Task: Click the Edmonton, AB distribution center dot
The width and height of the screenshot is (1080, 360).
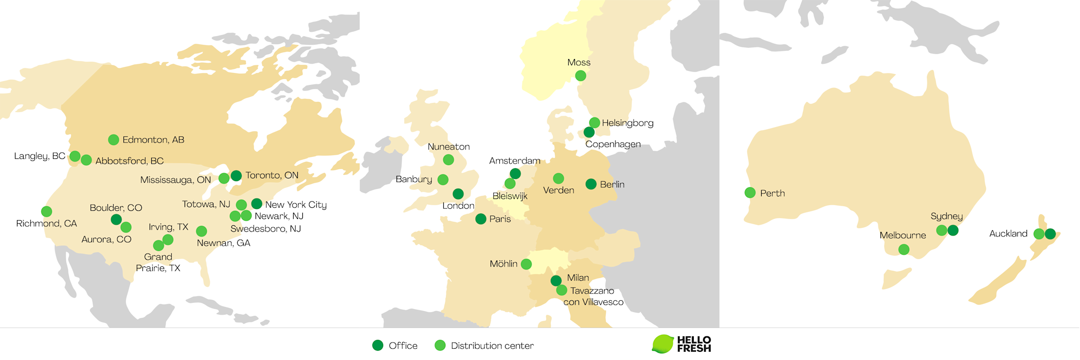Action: point(114,140)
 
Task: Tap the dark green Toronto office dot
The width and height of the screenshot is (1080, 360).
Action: point(236,176)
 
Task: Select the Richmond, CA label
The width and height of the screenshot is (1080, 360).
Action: point(46,224)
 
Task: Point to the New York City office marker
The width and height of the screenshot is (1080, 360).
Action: point(257,204)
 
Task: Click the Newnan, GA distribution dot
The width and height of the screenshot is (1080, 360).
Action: point(202,231)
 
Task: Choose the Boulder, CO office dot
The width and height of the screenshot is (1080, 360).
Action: point(116,220)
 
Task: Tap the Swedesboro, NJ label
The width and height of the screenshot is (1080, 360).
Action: point(265,229)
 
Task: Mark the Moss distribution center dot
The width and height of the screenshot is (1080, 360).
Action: point(581,76)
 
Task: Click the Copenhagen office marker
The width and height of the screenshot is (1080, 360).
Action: point(589,133)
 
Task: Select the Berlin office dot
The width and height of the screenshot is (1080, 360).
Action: point(591,184)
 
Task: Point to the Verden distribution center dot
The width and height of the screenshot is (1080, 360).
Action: point(559,178)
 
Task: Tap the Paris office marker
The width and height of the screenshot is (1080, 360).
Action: point(481,219)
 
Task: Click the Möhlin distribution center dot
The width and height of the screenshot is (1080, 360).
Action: point(526,264)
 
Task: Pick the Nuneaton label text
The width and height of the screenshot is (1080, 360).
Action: point(448,147)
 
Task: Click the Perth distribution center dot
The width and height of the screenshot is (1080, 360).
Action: point(750,193)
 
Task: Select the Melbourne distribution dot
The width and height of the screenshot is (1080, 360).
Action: point(904,250)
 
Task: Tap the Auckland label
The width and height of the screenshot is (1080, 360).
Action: point(1008,234)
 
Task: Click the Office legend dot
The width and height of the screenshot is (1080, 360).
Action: point(378,346)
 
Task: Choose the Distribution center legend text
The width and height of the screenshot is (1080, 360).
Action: point(492,346)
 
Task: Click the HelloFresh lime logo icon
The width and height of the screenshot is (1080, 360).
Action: point(663,344)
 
